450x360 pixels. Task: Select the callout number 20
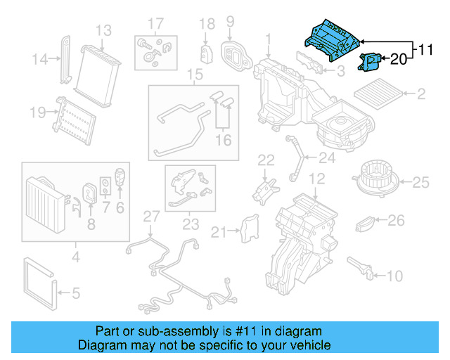pyautogui.click(x=398, y=60)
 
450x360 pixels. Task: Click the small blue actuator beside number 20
pyautogui.click(x=371, y=63)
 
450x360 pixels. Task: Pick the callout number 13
pyautogui.click(x=103, y=30)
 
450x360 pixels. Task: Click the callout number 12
pyautogui.click(x=316, y=179)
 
